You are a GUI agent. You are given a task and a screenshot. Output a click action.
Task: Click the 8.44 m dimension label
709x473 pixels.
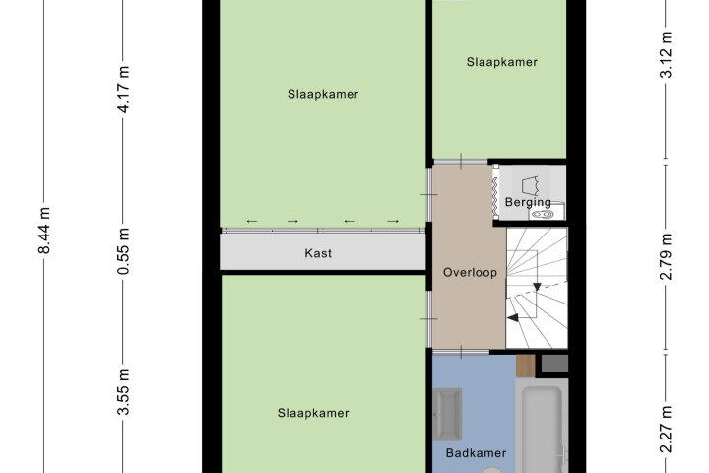pyautogui.click(x=44, y=231)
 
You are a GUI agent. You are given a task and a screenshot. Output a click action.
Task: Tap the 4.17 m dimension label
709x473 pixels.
pyautogui.click(x=123, y=89)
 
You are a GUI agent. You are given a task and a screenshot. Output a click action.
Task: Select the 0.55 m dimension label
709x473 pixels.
pyautogui.click(x=123, y=251)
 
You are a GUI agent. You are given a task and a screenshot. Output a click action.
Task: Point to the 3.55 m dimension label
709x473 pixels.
pyautogui.click(x=123, y=391)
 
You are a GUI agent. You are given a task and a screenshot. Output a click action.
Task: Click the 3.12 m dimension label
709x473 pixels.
pyautogui.click(x=666, y=55)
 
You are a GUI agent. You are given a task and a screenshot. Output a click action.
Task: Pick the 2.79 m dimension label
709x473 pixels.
pyautogui.click(x=666, y=256)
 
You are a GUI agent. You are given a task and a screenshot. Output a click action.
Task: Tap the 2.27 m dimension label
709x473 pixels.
pyautogui.click(x=666, y=430)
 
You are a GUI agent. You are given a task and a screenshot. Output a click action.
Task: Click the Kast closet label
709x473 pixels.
pyautogui.click(x=318, y=253)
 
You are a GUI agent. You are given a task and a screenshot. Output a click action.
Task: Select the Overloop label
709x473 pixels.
pyautogui.click(x=470, y=273)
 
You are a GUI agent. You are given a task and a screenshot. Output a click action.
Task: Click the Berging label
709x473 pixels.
pyautogui.click(x=528, y=202)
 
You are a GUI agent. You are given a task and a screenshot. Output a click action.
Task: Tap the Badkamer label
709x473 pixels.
pyautogui.click(x=476, y=453)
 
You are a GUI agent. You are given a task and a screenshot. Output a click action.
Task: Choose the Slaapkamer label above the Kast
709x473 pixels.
pyautogui.click(x=323, y=95)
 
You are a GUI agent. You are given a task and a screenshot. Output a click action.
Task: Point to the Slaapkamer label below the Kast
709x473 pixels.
pyautogui.click(x=313, y=413)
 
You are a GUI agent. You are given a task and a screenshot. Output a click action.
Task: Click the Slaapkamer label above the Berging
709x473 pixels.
pyautogui.click(x=502, y=62)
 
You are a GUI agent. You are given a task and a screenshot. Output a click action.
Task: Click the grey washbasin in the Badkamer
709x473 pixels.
pyautogui.click(x=447, y=414)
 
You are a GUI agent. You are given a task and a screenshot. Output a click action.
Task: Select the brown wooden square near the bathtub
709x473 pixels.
pyautogui.click(x=526, y=367)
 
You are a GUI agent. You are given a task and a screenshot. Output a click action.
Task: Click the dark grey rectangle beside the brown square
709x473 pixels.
pyautogui.click(x=554, y=364)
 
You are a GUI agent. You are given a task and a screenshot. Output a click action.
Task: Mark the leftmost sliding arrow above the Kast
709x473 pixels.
pyautogui.click(x=252, y=222)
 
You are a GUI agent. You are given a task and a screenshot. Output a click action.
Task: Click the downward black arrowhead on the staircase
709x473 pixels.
pyautogui.click(x=537, y=287)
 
